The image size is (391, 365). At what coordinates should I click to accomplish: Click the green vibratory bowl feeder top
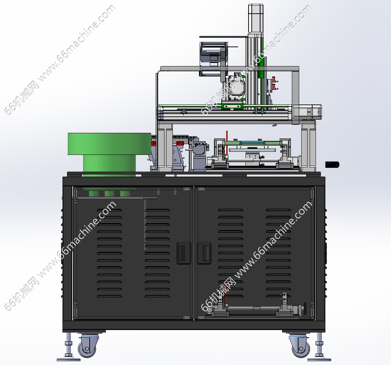[109, 144]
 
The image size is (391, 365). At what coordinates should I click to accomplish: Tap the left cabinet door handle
[184, 253]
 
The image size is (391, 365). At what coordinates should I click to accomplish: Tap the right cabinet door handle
[204, 253]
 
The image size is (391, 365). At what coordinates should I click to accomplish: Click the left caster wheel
[87, 347]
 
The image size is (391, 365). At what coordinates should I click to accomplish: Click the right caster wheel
[301, 347]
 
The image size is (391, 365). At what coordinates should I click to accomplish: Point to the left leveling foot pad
[68, 359]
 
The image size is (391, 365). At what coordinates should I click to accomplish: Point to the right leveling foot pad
[319, 359]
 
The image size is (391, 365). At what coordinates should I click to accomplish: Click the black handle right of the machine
[332, 165]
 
